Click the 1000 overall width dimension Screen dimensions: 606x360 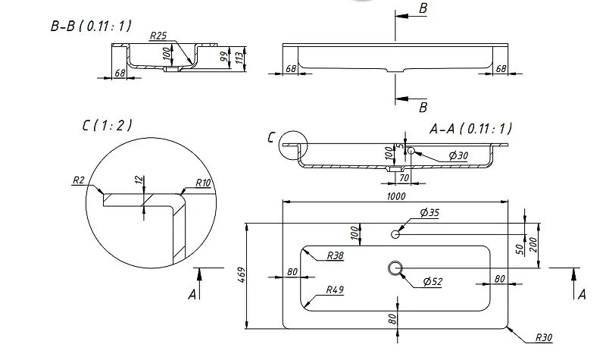[396, 196]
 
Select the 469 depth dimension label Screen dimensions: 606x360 [241, 274]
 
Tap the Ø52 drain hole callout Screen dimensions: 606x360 [433, 281]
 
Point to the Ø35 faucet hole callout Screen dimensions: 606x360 [430, 212]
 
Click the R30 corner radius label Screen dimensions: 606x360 [544, 337]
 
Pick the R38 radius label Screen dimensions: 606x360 [335, 255]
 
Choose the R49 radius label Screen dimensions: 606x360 [335, 290]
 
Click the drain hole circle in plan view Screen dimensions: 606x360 [395, 268]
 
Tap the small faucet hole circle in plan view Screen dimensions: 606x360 [395, 234]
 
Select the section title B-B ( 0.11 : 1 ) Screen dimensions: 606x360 [91, 26]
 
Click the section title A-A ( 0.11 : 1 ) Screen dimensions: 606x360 [470, 128]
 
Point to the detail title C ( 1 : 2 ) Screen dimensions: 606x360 [107, 125]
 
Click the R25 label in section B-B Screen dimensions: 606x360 [158, 36]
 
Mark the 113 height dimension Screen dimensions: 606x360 [239, 58]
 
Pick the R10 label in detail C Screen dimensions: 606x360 [203, 183]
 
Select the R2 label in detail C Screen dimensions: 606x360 [79, 180]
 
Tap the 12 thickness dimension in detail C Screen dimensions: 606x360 [139, 180]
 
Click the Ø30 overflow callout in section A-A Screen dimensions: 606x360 [458, 155]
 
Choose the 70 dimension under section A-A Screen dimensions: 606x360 [404, 178]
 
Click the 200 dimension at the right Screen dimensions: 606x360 [533, 245]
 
